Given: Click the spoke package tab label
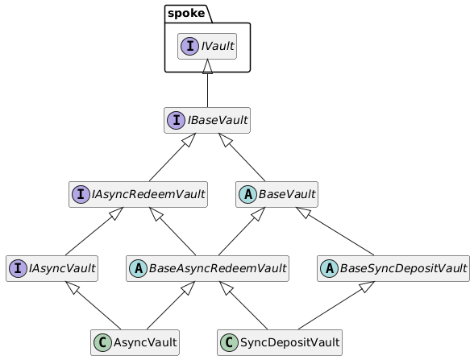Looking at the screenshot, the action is [x=186, y=13].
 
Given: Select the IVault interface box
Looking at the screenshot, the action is [x=207, y=46].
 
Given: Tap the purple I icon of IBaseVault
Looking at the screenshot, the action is [x=177, y=120].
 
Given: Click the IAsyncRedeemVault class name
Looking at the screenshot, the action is [x=148, y=194].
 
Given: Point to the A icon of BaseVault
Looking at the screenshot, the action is [x=248, y=194].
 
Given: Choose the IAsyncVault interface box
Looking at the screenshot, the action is [x=52, y=268].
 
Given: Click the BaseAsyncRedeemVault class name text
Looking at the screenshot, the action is [x=218, y=268].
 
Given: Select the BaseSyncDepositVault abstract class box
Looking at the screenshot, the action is [x=393, y=268].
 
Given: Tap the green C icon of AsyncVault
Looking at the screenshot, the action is [x=103, y=342].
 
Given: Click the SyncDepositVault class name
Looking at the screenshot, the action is [x=290, y=343].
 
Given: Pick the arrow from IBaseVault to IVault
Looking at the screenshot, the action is [x=207, y=83].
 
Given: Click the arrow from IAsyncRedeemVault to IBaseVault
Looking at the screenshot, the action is [x=173, y=157].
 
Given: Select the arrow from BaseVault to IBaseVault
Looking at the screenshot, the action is [x=242, y=157].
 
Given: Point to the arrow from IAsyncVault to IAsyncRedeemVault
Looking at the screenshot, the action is [x=94, y=231].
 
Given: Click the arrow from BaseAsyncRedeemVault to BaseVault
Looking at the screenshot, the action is [x=242, y=231].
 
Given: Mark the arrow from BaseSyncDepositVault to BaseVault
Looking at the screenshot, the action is [x=335, y=231].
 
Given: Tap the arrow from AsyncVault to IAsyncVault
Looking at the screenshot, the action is [x=94, y=306].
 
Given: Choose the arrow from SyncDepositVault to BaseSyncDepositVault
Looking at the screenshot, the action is [x=336, y=306].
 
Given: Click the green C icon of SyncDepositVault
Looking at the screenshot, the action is [x=230, y=342].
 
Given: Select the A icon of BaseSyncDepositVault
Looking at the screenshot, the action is [x=330, y=268].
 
